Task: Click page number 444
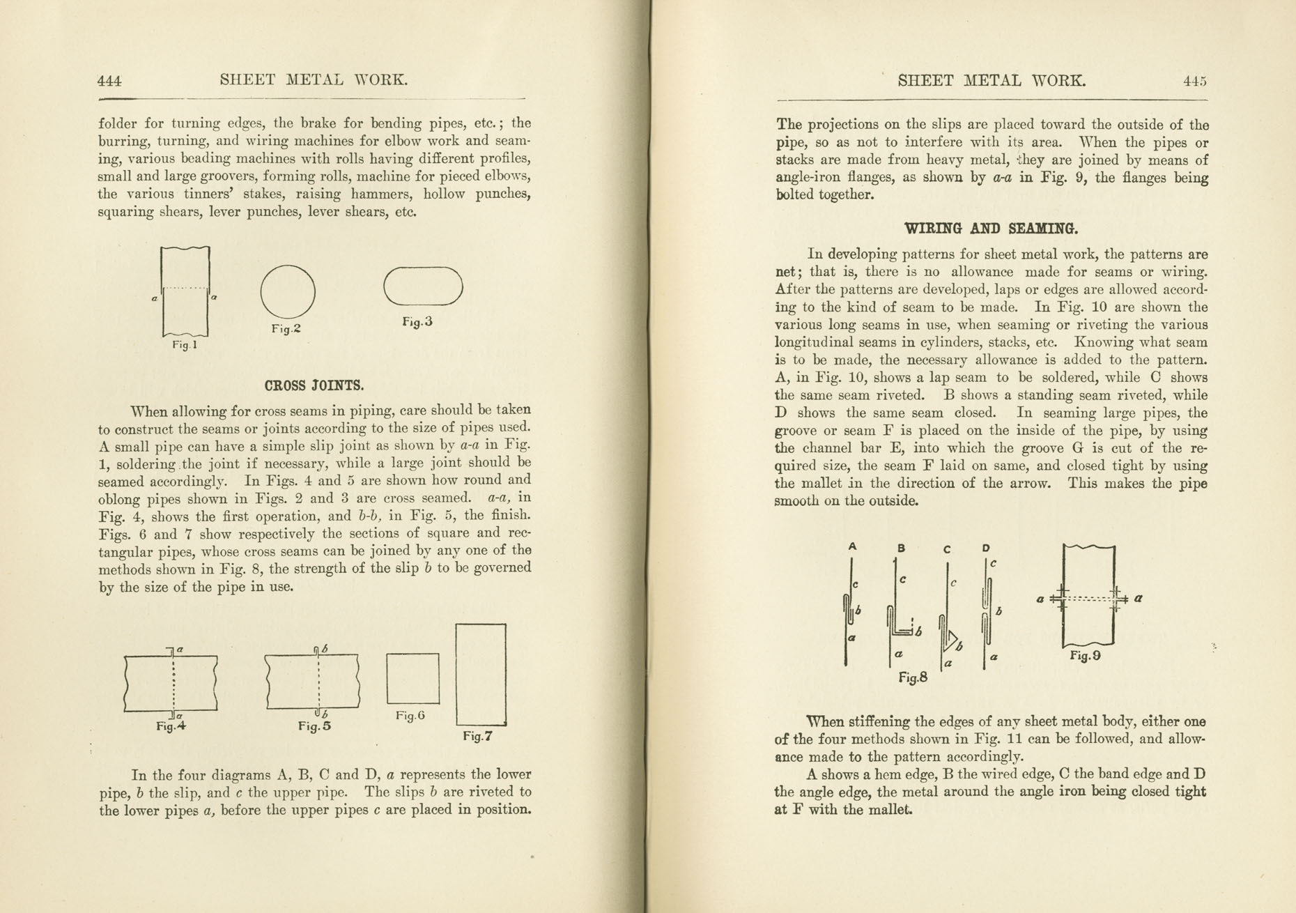pos(109,81)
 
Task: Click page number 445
pos(1194,81)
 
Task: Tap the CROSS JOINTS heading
pos(314,385)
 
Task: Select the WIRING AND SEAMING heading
pos(990,229)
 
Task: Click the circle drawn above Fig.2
pos(288,292)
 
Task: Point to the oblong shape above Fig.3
pos(424,286)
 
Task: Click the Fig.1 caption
pos(185,345)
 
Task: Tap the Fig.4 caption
pos(171,726)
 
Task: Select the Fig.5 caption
pos(314,726)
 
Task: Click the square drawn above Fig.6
pos(413,679)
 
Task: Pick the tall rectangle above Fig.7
pos(481,675)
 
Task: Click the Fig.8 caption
pos(913,677)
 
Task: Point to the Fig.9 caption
pos(1085,655)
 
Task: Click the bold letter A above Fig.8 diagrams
pos(852,547)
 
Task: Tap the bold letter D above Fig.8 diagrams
pos(986,548)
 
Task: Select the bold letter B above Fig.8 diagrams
pos(901,548)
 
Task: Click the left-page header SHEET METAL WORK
pos(314,80)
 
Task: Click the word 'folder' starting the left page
pos(118,124)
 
